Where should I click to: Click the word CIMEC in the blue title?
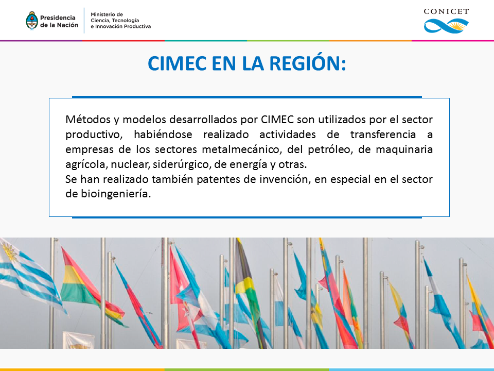tap(177, 63)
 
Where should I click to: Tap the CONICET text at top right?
tap(446, 12)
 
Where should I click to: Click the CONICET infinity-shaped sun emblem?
tap(446, 26)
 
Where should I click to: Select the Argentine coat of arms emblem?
tap(32, 21)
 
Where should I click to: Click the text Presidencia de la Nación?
tap(59, 22)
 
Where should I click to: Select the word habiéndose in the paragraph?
tap(163, 134)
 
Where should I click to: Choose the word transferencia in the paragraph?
tap(383, 134)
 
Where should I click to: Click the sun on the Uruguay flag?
tap(9, 251)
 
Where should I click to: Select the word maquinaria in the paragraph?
tap(404, 149)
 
